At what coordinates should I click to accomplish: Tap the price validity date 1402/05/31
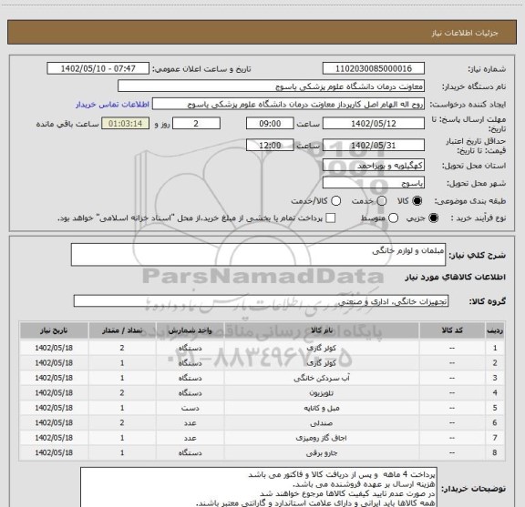tap(376, 145)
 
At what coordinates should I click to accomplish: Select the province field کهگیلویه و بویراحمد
tap(376, 164)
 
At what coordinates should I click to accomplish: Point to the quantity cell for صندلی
tap(122, 422)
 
